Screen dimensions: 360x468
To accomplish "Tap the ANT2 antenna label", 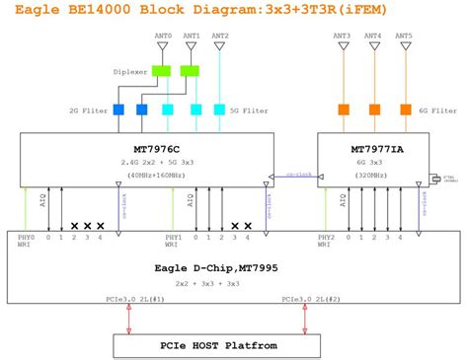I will pyautogui.click(x=219, y=36).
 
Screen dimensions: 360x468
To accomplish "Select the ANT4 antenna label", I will pyautogui.click(x=373, y=36).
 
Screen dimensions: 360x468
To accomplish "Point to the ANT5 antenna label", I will pyautogui.click(x=403, y=36).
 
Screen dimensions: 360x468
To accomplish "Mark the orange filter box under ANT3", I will pyautogui.click(x=345, y=109).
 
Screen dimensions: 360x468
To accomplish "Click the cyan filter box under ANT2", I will pyautogui.click(x=219, y=109).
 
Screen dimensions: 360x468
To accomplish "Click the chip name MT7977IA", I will pyautogui.click(x=373, y=150).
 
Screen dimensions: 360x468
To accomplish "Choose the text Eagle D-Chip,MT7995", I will pyautogui.click(x=234, y=267).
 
